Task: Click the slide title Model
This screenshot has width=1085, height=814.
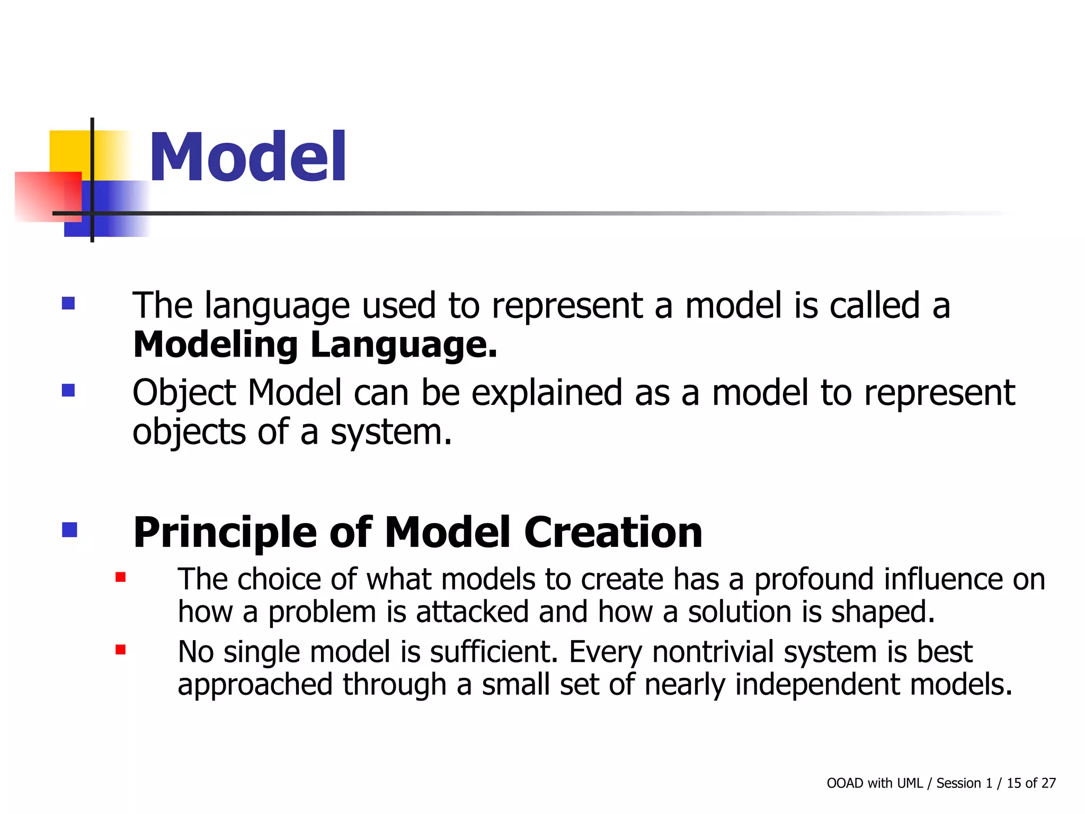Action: (x=247, y=157)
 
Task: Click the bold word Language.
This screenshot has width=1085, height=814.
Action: (x=404, y=346)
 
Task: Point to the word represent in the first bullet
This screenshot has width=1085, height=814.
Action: (x=567, y=306)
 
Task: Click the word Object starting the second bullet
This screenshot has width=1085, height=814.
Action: (x=184, y=394)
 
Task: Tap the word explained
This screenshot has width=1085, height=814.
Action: (x=546, y=394)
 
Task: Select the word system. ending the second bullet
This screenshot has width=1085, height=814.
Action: (x=391, y=432)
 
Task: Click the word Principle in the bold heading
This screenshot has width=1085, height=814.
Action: (x=225, y=532)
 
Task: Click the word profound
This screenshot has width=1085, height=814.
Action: (x=814, y=579)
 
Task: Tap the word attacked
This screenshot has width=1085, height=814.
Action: (x=472, y=612)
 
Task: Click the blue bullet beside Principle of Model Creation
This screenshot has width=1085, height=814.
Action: (x=69, y=530)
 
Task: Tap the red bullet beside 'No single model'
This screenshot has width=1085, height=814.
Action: (x=120, y=650)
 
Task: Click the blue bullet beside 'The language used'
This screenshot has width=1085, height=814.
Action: (x=68, y=303)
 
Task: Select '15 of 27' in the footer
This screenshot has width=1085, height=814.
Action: (x=1031, y=783)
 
